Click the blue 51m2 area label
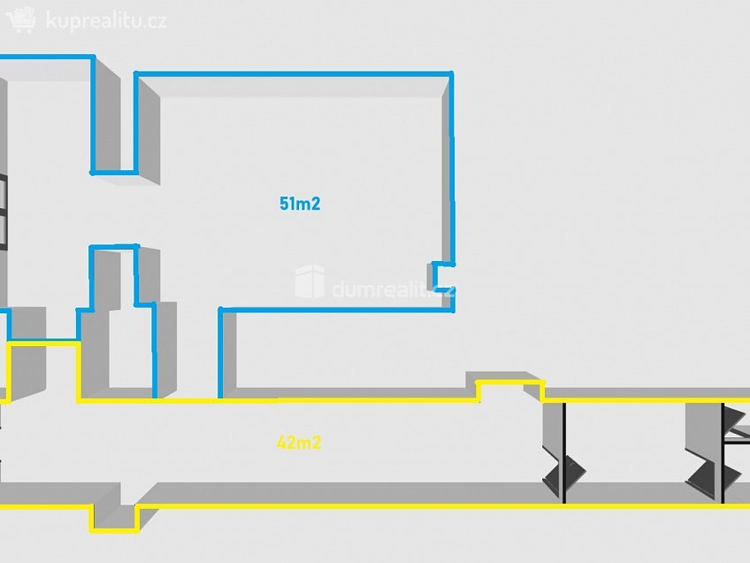pyautogui.click(x=299, y=204)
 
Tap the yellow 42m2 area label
pyautogui.click(x=298, y=443)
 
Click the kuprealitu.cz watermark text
pyautogui.click(x=105, y=20)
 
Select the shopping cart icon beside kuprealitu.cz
pyautogui.click(x=21, y=19)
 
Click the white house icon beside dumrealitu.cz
pyautogui.click(x=310, y=281)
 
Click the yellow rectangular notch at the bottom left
pyautogui.click(x=113, y=521)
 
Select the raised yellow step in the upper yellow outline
pyautogui.click(x=509, y=382)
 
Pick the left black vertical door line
pyautogui.click(x=564, y=451)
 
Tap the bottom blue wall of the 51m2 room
pyautogui.click(x=336, y=310)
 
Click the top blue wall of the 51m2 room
pyautogui.click(x=292, y=73)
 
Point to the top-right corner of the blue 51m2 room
pyautogui.click(x=451, y=74)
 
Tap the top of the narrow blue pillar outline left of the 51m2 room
pyautogui.click(x=113, y=246)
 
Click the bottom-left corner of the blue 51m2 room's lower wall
pyautogui.click(x=220, y=310)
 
